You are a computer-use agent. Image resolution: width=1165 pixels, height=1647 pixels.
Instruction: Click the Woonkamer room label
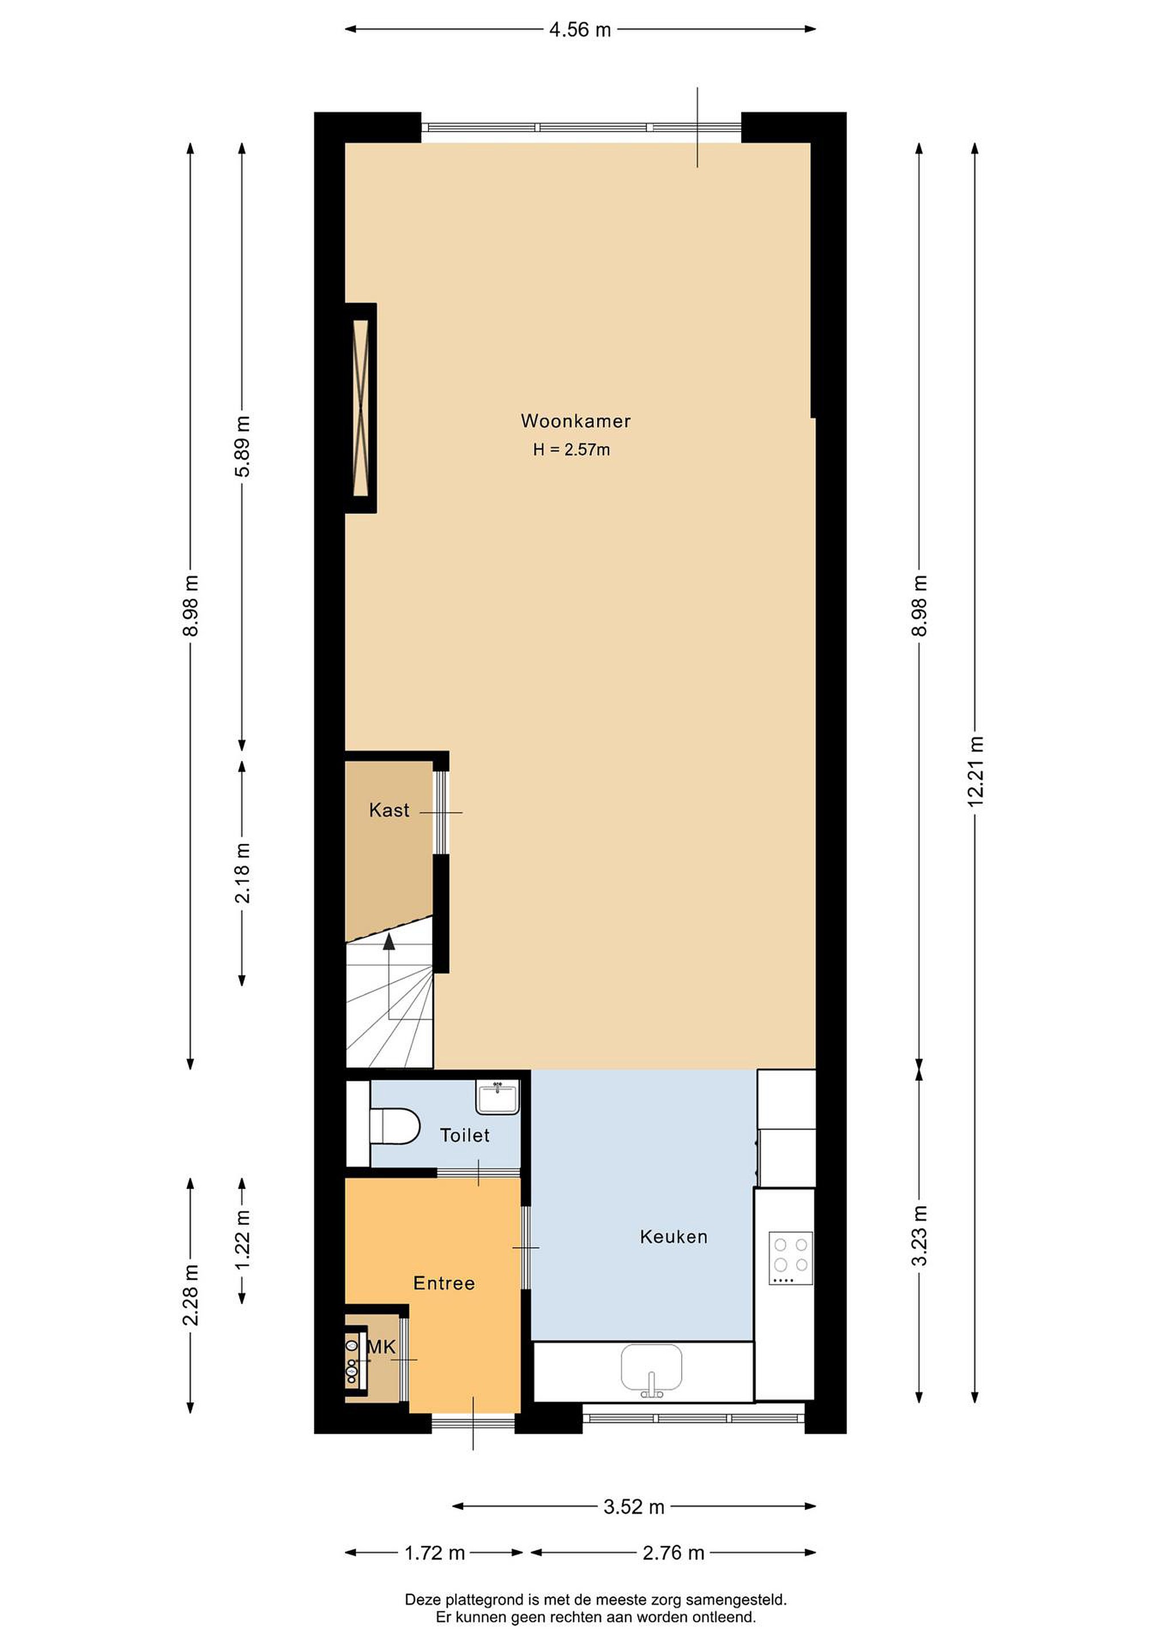coord(575,421)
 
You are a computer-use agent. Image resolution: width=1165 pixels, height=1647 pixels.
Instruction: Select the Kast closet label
coord(389,810)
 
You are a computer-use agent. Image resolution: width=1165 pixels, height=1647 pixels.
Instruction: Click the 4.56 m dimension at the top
coord(580,29)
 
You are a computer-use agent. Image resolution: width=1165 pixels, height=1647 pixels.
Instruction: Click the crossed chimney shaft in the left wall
coord(361,408)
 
